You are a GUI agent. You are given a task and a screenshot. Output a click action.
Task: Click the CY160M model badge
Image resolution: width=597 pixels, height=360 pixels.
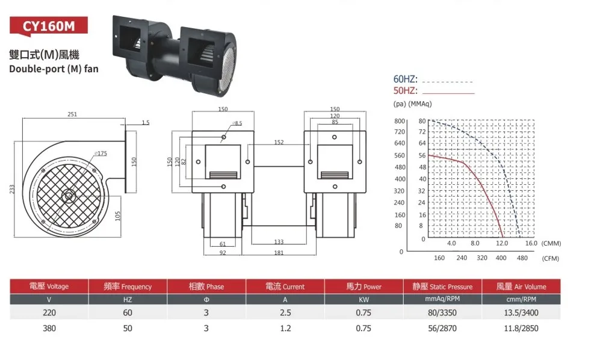tap(49, 26)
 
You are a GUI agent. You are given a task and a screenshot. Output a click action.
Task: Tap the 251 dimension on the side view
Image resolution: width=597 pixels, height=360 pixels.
tap(72, 114)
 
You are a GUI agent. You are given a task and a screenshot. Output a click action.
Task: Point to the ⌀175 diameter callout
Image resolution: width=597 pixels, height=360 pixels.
tap(101, 153)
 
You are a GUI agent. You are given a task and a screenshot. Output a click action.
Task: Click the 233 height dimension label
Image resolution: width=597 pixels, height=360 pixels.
tap(12, 190)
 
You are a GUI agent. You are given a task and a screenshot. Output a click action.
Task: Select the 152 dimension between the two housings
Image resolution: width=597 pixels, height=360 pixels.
tap(279, 142)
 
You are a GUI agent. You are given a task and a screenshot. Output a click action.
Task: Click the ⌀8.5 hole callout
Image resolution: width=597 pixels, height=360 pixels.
tap(237, 123)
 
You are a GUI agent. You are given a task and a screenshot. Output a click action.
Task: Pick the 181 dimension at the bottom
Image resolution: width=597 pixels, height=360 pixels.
tap(279, 253)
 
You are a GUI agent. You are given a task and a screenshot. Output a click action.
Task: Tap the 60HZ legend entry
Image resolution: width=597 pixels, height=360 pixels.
tap(406, 79)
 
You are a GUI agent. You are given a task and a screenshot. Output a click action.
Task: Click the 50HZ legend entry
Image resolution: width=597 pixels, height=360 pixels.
tap(406, 91)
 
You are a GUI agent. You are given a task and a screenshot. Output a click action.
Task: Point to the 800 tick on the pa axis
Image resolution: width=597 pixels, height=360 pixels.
tap(400, 121)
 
